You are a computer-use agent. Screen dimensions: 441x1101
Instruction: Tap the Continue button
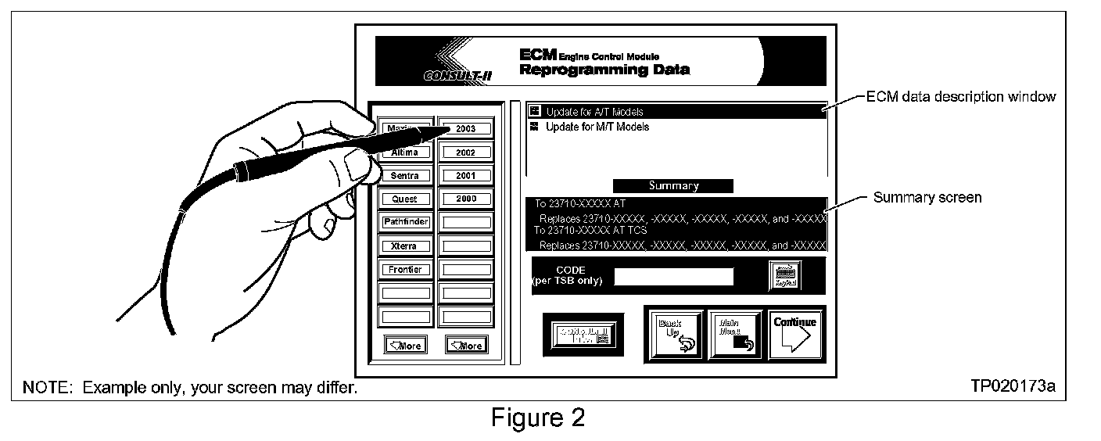[x=795, y=333]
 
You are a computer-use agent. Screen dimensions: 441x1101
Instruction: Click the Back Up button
[x=673, y=333]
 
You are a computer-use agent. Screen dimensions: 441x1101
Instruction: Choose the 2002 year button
[x=466, y=152]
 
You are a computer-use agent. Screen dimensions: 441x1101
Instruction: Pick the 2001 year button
[x=466, y=176]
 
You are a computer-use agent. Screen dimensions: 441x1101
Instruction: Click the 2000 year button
[x=466, y=199]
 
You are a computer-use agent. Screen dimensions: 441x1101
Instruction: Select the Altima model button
[x=405, y=152]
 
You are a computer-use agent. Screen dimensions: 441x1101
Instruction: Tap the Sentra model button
[x=405, y=176]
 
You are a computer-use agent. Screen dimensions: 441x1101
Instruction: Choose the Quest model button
[x=405, y=199]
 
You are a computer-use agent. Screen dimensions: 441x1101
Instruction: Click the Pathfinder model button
[x=405, y=223]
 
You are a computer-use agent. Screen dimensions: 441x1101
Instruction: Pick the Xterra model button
[x=405, y=246]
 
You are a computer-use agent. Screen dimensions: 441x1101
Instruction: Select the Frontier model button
[x=405, y=270]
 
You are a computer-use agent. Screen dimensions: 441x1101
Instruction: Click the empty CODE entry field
[x=673, y=276]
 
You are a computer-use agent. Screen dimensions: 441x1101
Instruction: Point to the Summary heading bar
[x=672, y=186]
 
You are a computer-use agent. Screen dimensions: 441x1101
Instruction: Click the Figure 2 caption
[x=537, y=418]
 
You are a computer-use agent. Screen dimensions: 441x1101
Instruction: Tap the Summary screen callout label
[x=927, y=198]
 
